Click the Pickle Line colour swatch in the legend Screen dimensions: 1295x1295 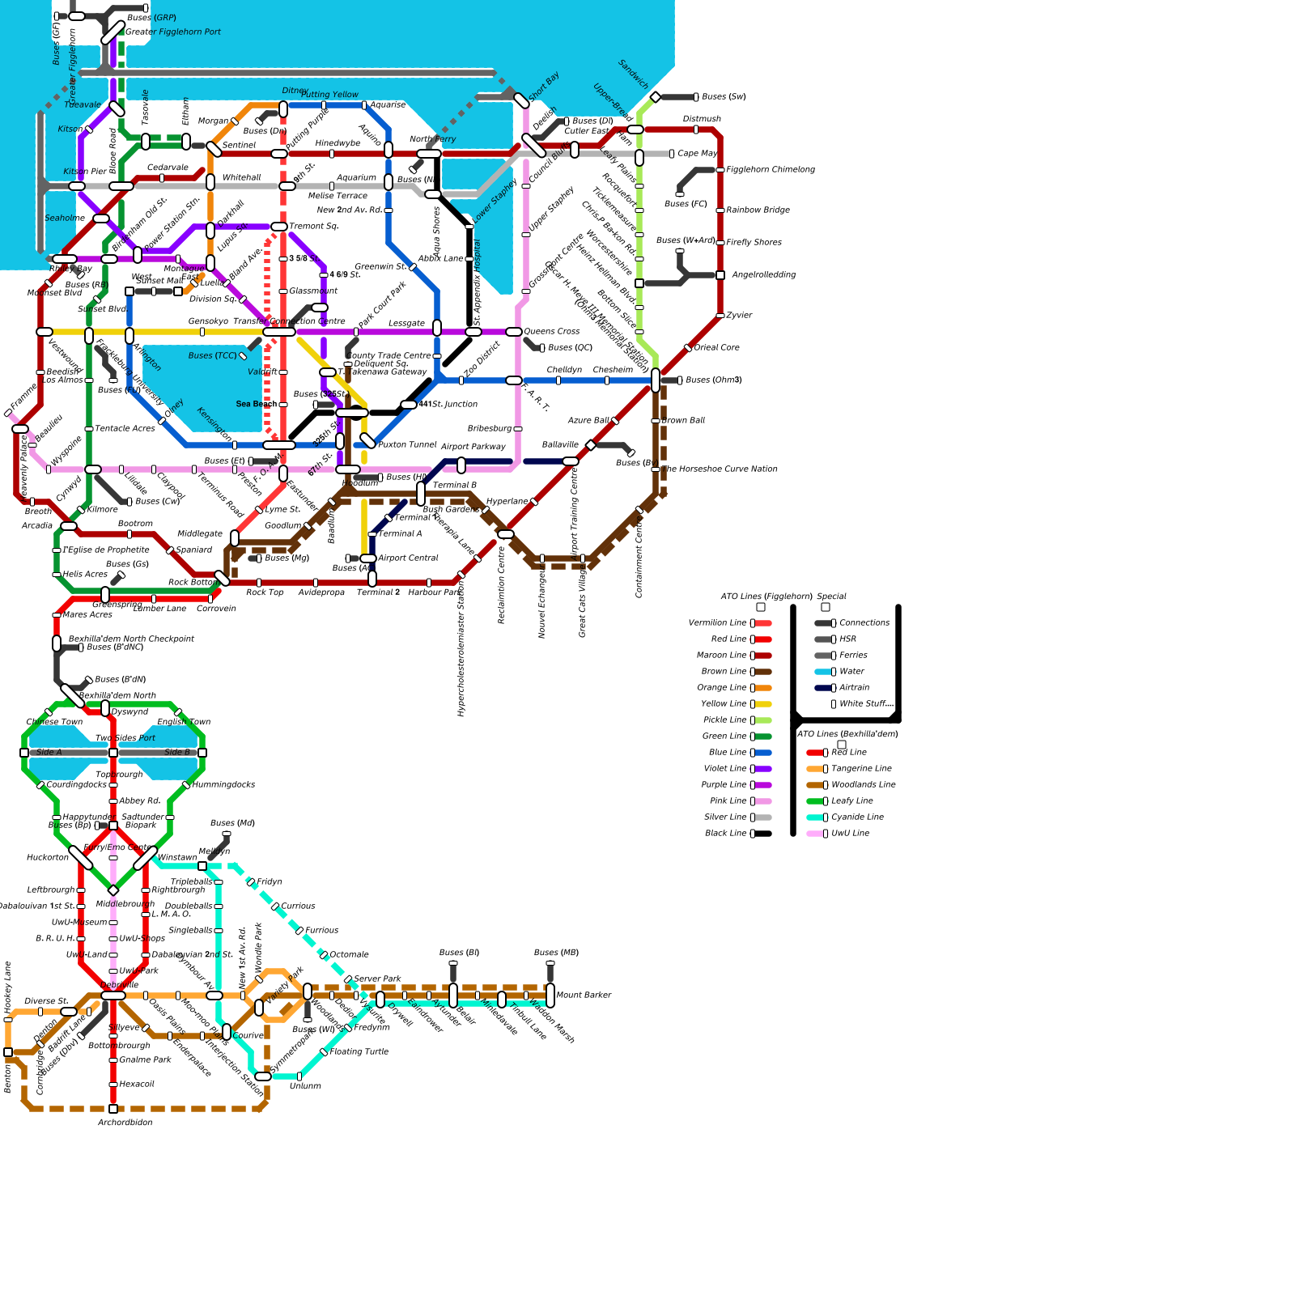pyautogui.click(x=763, y=720)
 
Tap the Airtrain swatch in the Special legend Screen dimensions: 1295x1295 pyautogui.click(x=823, y=688)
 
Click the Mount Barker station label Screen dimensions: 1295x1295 pyautogui.click(x=584, y=996)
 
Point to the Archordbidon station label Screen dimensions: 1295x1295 pyautogui.click(x=125, y=1123)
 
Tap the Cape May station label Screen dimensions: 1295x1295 pyautogui.click(x=698, y=154)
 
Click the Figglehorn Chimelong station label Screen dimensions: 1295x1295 pyautogui.click(x=771, y=170)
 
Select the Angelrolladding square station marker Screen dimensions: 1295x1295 pyautogui.click(x=720, y=275)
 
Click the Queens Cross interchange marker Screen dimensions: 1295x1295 pyautogui.click(x=514, y=332)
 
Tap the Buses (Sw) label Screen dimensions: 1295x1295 pyautogui.click(x=724, y=97)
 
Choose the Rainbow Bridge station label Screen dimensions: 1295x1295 pyautogui.click(x=758, y=210)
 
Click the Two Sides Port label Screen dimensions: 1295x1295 pyautogui.click(x=125, y=738)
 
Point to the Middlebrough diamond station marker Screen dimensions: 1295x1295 pyautogui.click(x=113, y=890)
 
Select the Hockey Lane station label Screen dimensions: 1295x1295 pyautogui.click(x=8, y=987)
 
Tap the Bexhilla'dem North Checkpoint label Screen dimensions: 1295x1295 pyautogui.click(x=131, y=639)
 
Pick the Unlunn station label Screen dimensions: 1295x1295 pyautogui.click(x=305, y=1086)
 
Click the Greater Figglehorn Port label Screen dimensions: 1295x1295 pyautogui.click(x=173, y=32)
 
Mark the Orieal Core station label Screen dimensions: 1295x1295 pyautogui.click(x=717, y=348)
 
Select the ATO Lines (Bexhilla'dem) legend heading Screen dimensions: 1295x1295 pyautogui.click(x=847, y=734)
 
